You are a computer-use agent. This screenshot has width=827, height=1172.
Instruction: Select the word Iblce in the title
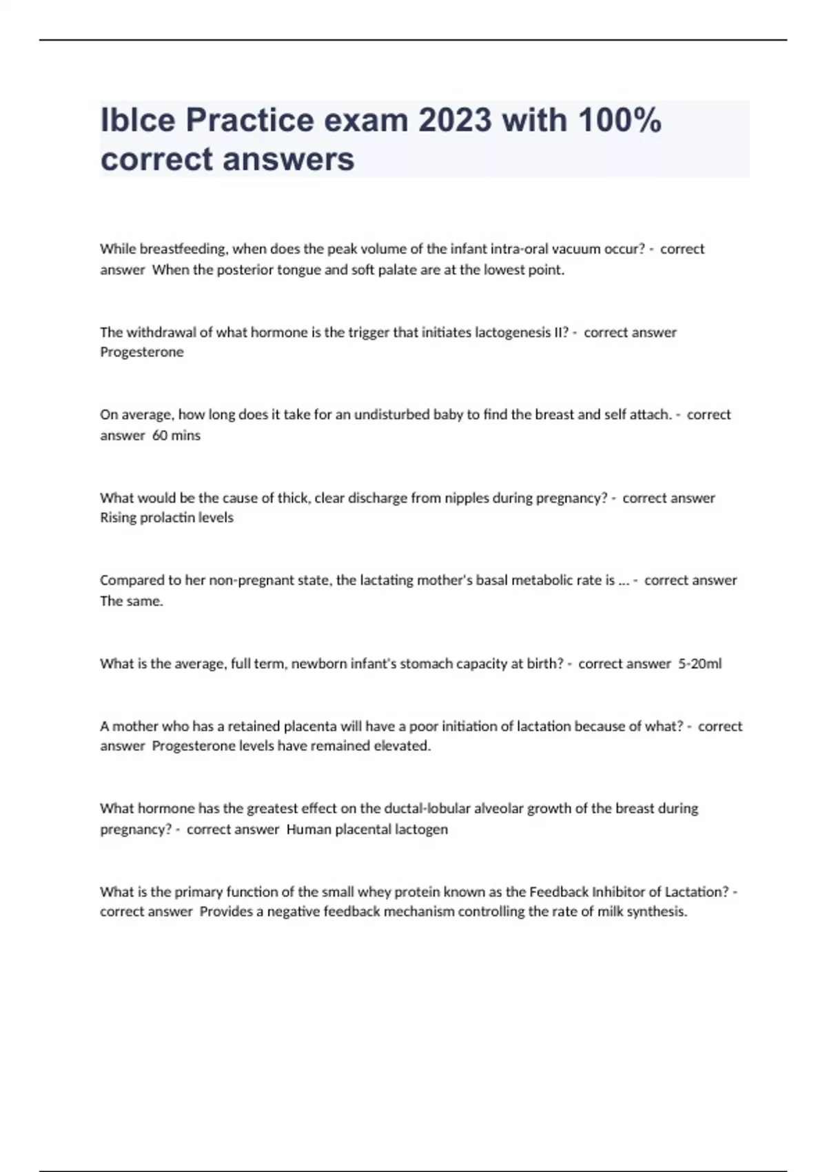[x=138, y=120]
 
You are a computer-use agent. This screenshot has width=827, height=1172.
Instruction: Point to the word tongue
[x=298, y=270]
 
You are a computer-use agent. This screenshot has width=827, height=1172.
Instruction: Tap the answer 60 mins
[x=176, y=435]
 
